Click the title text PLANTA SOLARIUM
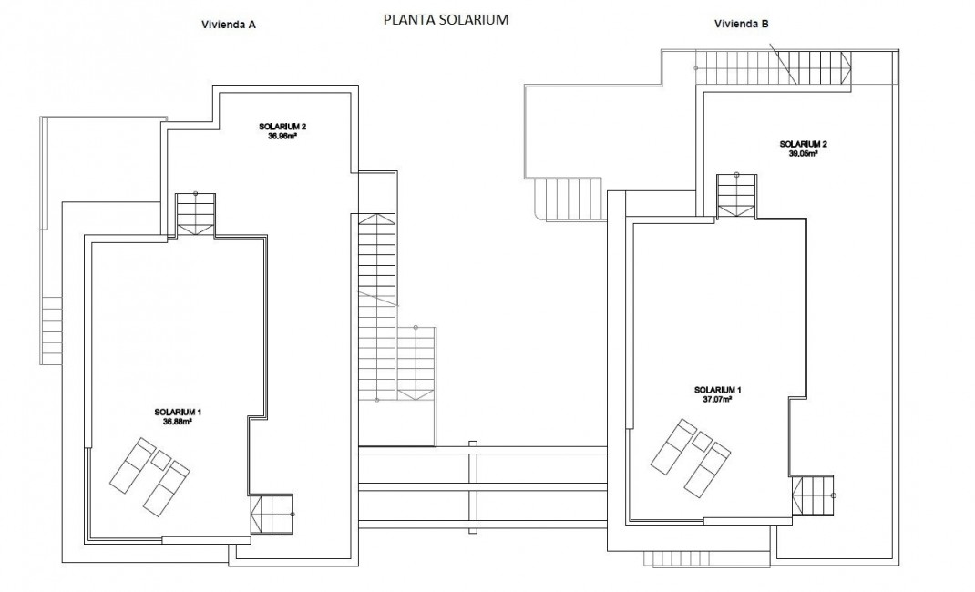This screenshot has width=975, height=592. [x=446, y=18]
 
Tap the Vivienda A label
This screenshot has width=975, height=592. [x=228, y=25]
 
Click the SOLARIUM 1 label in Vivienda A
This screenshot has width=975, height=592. [x=178, y=413]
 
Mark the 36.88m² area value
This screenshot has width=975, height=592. [x=178, y=422]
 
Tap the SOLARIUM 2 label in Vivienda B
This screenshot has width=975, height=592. [x=803, y=144]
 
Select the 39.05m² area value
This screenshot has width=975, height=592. [x=803, y=154]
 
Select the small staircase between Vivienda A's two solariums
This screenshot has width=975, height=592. [x=195, y=214]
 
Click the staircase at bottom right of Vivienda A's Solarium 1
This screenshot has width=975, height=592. [x=272, y=514]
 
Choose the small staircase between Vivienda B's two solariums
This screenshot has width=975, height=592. [x=735, y=195]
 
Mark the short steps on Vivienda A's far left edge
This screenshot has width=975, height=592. [x=51, y=331]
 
